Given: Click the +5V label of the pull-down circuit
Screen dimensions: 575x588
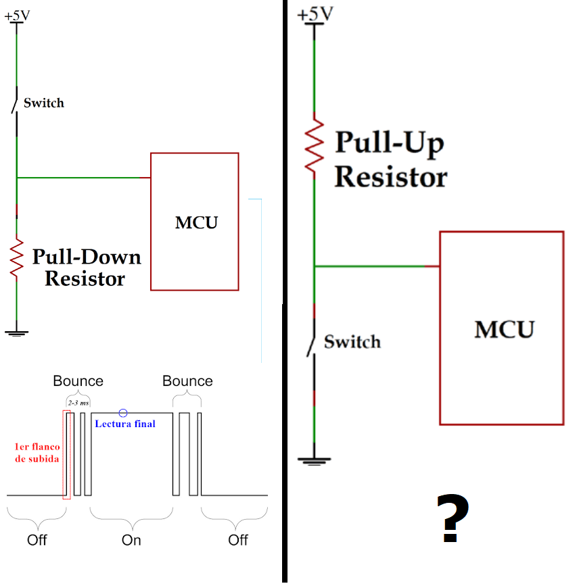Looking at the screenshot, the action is tap(17, 16).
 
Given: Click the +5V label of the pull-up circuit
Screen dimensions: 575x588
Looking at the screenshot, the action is tap(315, 14).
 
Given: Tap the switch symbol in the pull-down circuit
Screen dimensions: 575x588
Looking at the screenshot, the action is tap(15, 101).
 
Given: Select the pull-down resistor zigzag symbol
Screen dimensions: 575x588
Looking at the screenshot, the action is tap(16, 258).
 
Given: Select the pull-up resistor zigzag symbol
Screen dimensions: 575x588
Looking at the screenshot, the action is tap(314, 145).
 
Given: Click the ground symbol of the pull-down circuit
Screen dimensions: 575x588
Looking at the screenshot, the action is tap(16, 333).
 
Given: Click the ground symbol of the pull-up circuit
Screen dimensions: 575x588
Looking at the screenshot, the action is tap(314, 461).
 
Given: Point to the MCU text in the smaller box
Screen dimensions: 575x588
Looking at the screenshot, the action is tap(196, 223).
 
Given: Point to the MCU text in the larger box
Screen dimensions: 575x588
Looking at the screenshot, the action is tap(504, 329).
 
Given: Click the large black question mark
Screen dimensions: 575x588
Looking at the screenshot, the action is tap(453, 518).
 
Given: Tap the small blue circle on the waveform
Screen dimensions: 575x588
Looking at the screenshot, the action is tap(122, 413).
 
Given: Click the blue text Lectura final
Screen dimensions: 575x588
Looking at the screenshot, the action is tap(125, 424).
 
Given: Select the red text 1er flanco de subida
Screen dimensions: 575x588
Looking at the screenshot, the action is tap(37, 453).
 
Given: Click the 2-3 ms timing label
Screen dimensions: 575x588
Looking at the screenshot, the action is tap(78, 403).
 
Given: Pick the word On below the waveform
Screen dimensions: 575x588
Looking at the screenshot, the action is tap(131, 540).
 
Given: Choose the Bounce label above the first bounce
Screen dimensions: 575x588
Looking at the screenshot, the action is tap(78, 381).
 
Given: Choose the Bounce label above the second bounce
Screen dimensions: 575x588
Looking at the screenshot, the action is tap(187, 381).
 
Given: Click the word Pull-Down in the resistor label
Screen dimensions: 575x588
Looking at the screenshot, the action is tap(87, 257).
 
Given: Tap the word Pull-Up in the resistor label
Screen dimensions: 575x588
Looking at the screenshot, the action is tap(390, 143).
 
